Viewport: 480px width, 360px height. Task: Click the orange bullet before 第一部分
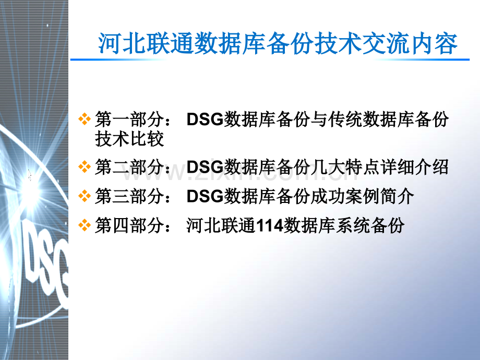click(85, 119)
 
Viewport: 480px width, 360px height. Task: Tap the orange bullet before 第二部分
click(85, 167)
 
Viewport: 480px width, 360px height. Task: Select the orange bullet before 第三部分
click(85, 196)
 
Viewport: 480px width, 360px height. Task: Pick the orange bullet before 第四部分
click(85, 225)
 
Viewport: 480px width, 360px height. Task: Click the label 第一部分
click(129, 119)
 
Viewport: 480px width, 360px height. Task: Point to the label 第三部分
click(129, 196)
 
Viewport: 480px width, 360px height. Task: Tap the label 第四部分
click(129, 225)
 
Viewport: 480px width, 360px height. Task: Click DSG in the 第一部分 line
click(205, 119)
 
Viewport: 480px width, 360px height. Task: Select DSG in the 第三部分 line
click(205, 196)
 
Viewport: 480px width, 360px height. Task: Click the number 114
click(269, 226)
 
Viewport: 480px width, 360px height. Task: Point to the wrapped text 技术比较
click(129, 139)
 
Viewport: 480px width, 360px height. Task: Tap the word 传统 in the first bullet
click(345, 119)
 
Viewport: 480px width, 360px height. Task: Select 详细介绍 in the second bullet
click(414, 167)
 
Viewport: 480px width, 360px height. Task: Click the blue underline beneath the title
click(270, 59)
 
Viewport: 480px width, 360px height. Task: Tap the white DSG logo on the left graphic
click(46, 266)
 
